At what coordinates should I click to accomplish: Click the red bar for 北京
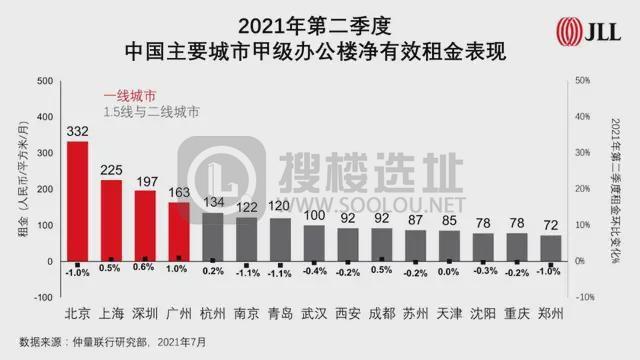click(x=77, y=201)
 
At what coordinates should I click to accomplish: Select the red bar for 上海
click(x=111, y=220)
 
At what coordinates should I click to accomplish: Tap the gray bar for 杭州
click(x=213, y=236)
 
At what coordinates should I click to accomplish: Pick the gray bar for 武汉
click(x=315, y=242)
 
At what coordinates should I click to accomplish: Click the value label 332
click(x=77, y=131)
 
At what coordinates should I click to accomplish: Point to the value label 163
click(x=179, y=192)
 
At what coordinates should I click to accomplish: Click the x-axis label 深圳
click(x=145, y=313)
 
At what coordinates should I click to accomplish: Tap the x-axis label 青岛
click(x=281, y=313)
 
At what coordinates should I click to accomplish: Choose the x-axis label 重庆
click(x=516, y=313)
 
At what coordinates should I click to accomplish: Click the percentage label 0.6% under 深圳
click(x=145, y=270)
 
